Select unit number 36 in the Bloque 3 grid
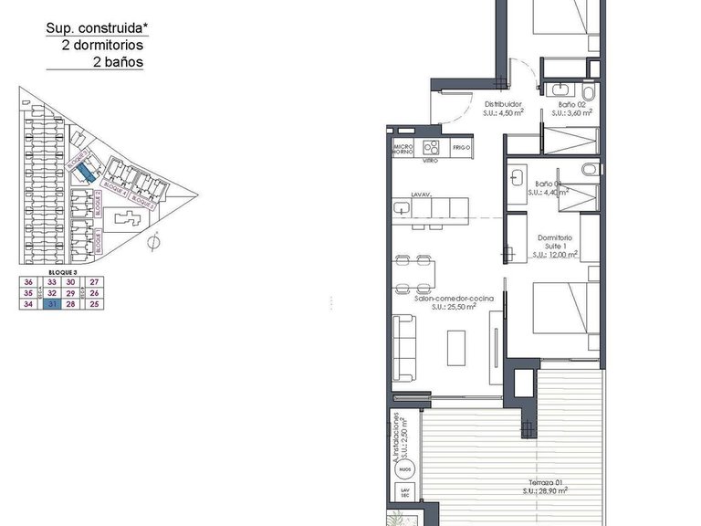[x=29, y=283]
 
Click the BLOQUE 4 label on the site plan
[x=114, y=186]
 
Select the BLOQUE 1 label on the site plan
[x=99, y=242]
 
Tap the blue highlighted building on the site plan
[x=84, y=171]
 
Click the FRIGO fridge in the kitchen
[x=461, y=148]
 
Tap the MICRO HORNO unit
[x=403, y=148]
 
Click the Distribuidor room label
[x=503, y=104]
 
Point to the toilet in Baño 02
[x=589, y=93]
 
